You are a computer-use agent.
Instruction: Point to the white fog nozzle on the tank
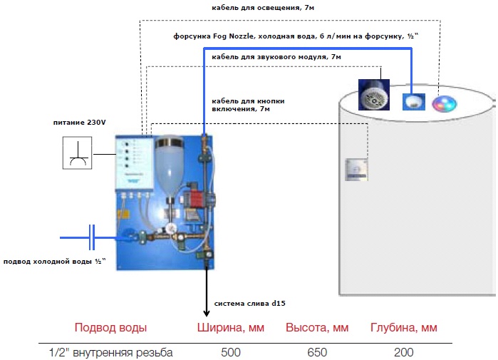point(413,102)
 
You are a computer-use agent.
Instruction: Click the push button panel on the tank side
point(356,170)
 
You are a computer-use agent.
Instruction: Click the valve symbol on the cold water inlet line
point(93,237)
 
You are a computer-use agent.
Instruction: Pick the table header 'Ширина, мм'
point(231,328)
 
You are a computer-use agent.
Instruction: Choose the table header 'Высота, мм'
point(317,328)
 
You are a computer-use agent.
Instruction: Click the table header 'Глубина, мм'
point(403,328)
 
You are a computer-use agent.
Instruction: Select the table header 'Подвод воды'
point(111,328)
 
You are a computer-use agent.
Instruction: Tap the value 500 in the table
point(231,352)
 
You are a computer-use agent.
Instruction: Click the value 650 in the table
point(317,352)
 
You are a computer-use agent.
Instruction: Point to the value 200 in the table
point(403,352)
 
